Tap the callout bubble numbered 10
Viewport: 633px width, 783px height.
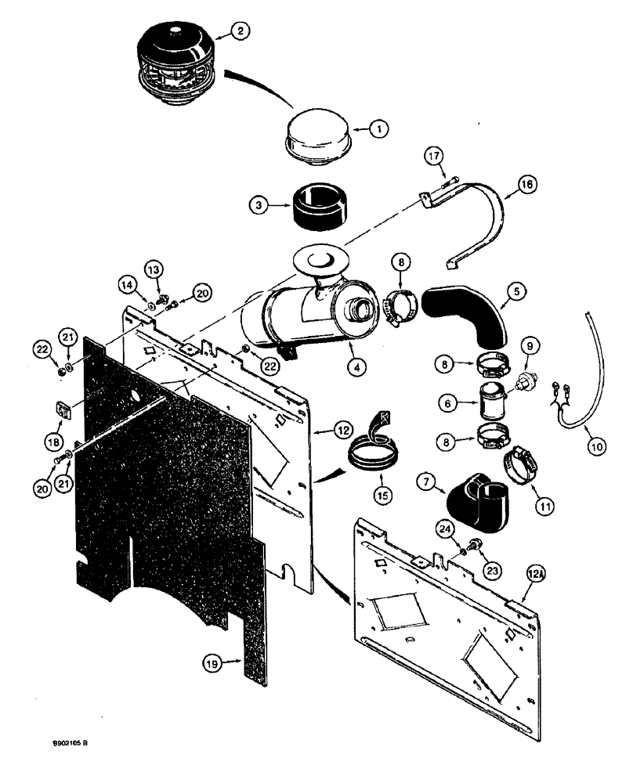pyautogui.click(x=596, y=447)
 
